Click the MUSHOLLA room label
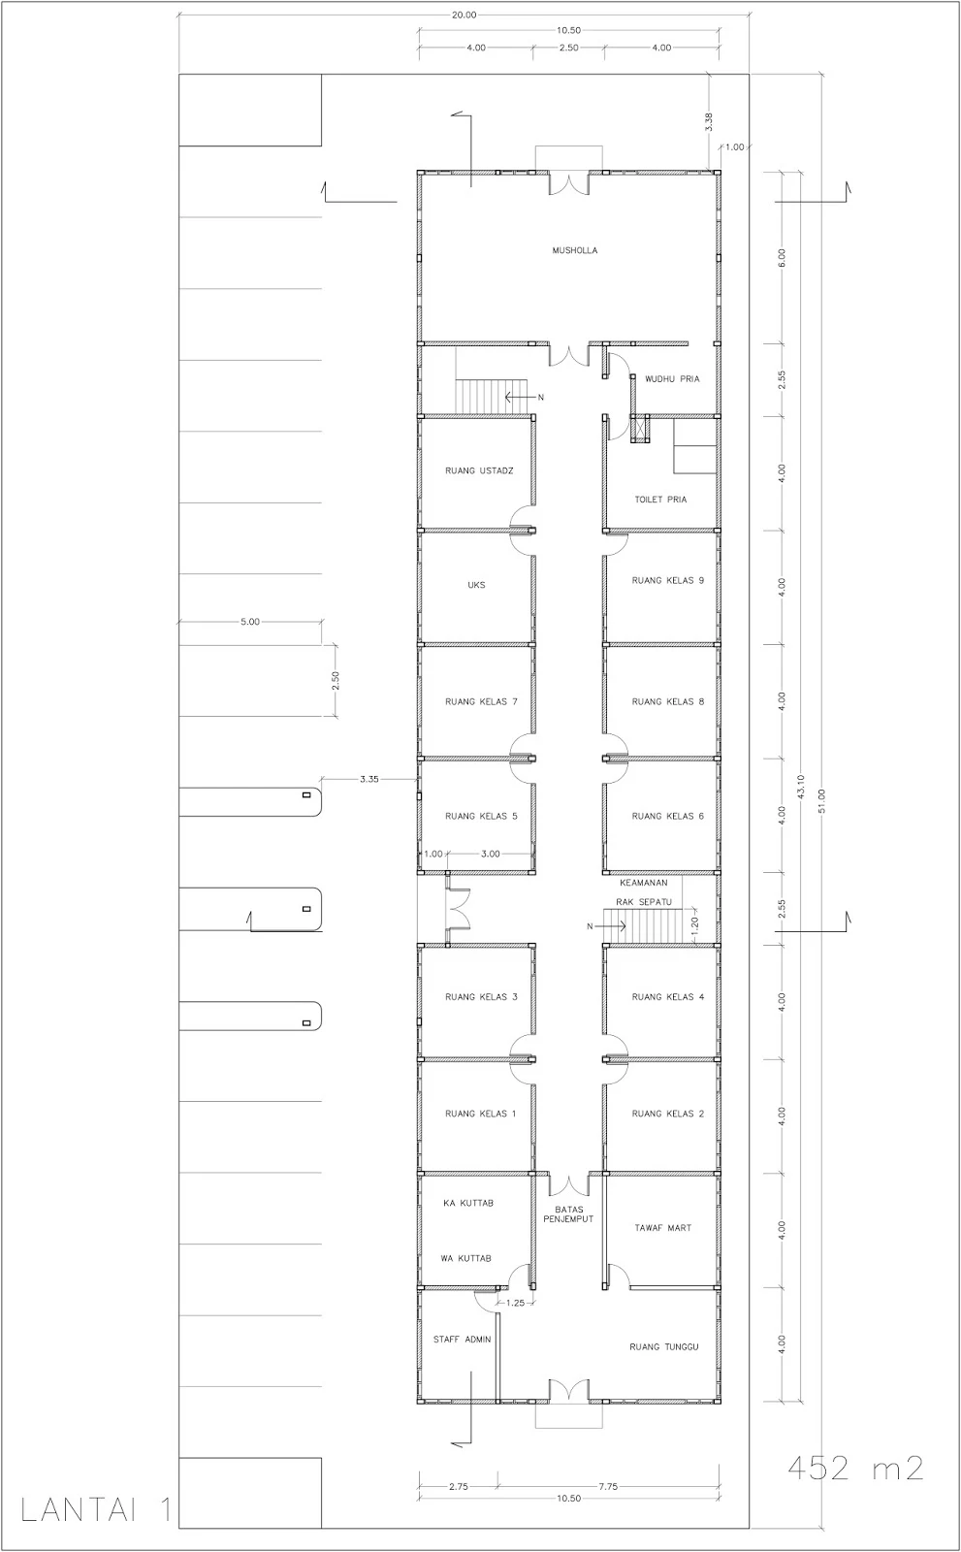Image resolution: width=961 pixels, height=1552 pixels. pyautogui.click(x=574, y=250)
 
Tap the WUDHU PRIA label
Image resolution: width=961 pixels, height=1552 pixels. pyautogui.click(x=672, y=379)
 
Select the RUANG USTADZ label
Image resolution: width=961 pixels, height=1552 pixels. pyautogui.click(x=479, y=470)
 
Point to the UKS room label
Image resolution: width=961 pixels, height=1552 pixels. pyautogui.click(x=476, y=585)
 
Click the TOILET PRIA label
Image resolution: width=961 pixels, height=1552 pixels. pyautogui.click(x=660, y=499)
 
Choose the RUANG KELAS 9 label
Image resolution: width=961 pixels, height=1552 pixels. pyautogui.click(x=667, y=581)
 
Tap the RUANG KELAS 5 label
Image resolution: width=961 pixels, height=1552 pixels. pyautogui.click(x=481, y=816)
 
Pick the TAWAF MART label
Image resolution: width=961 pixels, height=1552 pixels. pyautogui.click(x=662, y=1227)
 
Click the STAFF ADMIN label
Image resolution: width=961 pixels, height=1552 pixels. pyautogui.click(x=462, y=1340)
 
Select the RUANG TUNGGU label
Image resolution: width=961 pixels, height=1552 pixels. pyautogui.click(x=663, y=1347)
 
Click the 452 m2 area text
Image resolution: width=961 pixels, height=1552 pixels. pyautogui.click(x=855, y=1468)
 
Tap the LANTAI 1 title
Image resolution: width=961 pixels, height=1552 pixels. pyautogui.click(x=96, y=1511)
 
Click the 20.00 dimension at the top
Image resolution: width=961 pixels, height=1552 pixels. pyautogui.click(x=464, y=15)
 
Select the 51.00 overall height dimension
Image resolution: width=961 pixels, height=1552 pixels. pyautogui.click(x=821, y=801)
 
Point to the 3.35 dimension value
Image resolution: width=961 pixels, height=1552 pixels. pyautogui.click(x=369, y=779)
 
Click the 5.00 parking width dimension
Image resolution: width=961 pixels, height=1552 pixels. pyautogui.click(x=250, y=622)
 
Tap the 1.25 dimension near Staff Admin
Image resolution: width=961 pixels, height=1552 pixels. pyautogui.click(x=516, y=1303)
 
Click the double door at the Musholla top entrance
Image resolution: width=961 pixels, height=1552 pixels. pyautogui.click(x=569, y=183)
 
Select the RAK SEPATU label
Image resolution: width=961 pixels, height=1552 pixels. pyautogui.click(x=644, y=902)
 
